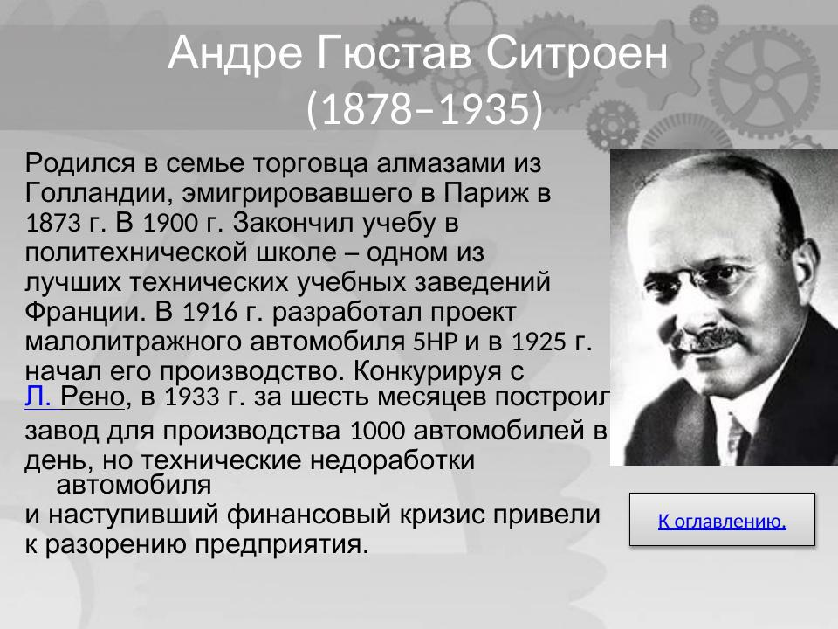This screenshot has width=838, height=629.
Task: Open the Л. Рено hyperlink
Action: [76, 397]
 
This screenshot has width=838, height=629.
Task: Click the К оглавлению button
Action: [722, 522]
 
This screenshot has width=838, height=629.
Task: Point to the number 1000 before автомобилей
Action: [374, 432]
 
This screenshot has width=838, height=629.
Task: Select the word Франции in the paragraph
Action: [82, 312]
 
